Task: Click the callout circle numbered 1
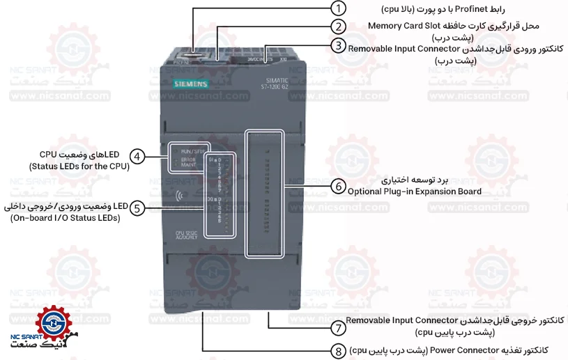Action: [338, 9]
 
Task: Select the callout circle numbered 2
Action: [338, 27]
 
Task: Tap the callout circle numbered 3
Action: [338, 46]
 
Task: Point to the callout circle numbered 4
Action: [138, 157]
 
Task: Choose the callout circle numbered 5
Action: [138, 208]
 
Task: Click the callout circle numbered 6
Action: [338, 187]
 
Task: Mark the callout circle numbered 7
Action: [338, 327]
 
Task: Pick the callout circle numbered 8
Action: [338, 350]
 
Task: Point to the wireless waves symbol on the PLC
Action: [182, 197]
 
